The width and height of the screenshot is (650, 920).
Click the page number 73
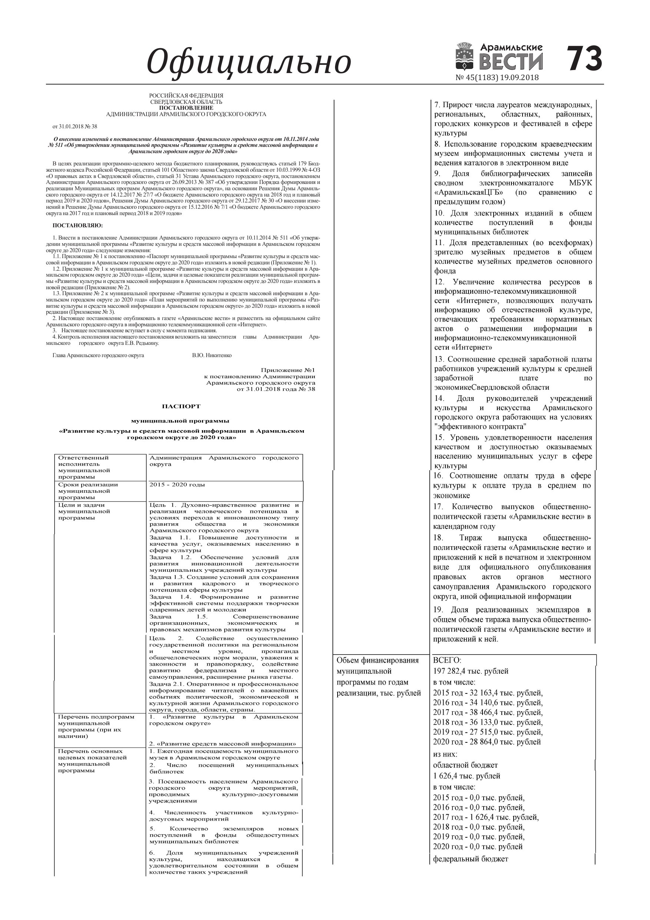click(585, 59)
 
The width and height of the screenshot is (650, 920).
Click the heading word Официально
click(249, 62)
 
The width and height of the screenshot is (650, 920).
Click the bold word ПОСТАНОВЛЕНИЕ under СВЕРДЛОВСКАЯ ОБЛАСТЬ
click(186, 108)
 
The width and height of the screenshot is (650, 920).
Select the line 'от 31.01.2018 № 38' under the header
click(75, 126)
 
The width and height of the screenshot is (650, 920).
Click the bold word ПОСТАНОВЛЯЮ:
click(77, 225)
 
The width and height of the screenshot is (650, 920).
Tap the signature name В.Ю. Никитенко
click(212, 355)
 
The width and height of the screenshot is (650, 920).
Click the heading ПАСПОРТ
click(181, 406)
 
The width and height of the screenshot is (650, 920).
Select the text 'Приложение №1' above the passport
click(288, 370)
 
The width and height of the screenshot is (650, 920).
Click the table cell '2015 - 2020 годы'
click(177, 484)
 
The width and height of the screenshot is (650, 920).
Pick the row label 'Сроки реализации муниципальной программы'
click(88, 491)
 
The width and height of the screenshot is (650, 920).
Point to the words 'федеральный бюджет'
click(471, 859)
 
